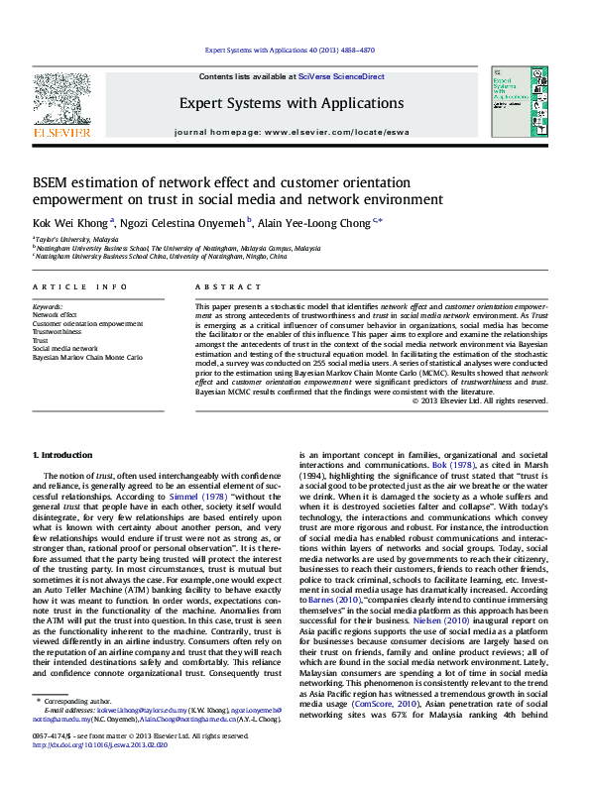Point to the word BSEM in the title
(55, 182)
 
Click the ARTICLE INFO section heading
(79, 286)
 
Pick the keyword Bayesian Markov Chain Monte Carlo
(86, 358)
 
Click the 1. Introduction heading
(62, 454)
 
